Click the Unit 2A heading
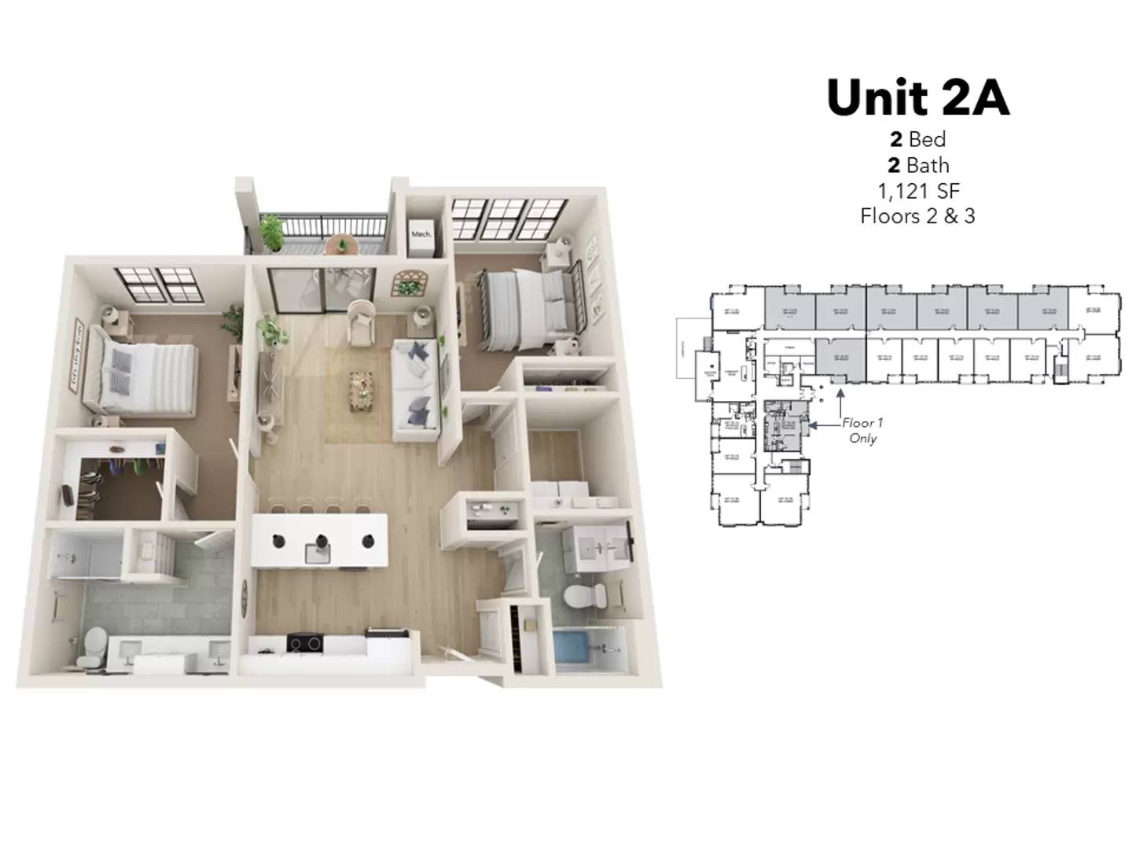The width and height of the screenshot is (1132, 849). [x=917, y=97]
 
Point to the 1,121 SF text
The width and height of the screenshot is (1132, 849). [x=918, y=191]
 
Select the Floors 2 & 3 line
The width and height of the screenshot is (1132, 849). [x=917, y=216]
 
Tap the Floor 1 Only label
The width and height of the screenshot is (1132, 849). [x=862, y=431]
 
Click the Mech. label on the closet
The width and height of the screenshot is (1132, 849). [x=421, y=234]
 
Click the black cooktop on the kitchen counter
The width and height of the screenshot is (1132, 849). [x=305, y=643]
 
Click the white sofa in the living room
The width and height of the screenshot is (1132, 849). [x=414, y=385]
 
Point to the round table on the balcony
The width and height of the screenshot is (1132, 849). [x=342, y=244]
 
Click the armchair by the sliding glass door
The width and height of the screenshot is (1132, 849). [x=362, y=322]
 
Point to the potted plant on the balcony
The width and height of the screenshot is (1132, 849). [x=271, y=232]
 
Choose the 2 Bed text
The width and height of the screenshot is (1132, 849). [x=917, y=140]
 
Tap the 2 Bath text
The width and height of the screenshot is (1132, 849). [x=917, y=166]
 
